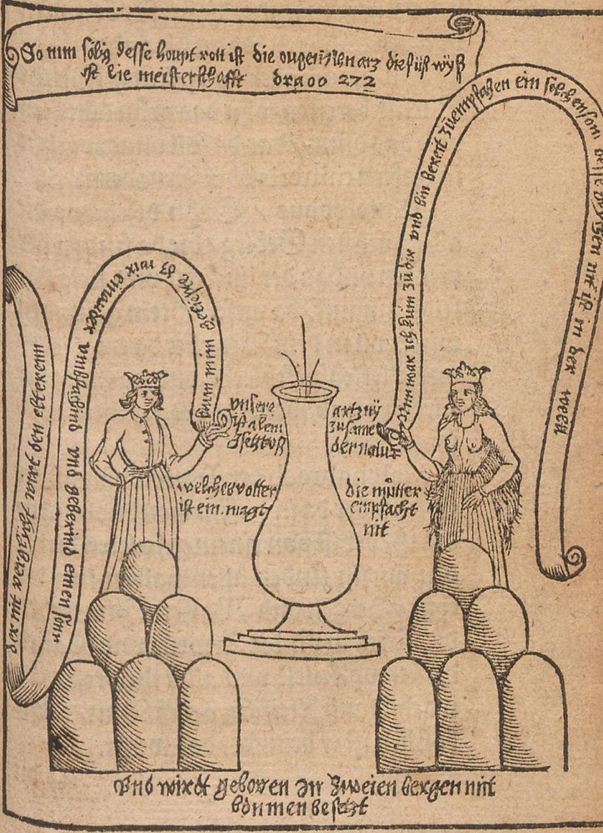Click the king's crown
[x=147, y=378]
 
